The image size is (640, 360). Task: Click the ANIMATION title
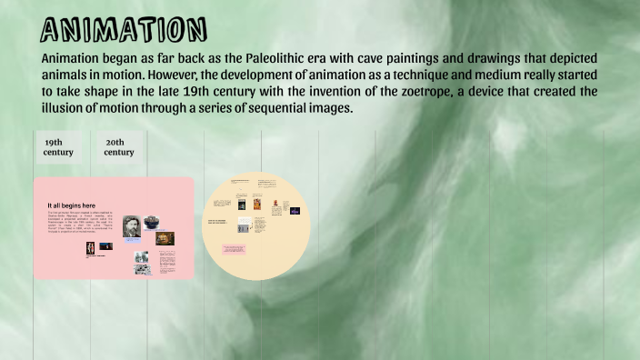point(124,29)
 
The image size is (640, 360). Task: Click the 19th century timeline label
point(58,147)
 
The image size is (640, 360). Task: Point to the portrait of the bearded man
point(132,226)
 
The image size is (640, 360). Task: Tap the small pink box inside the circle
point(234,248)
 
